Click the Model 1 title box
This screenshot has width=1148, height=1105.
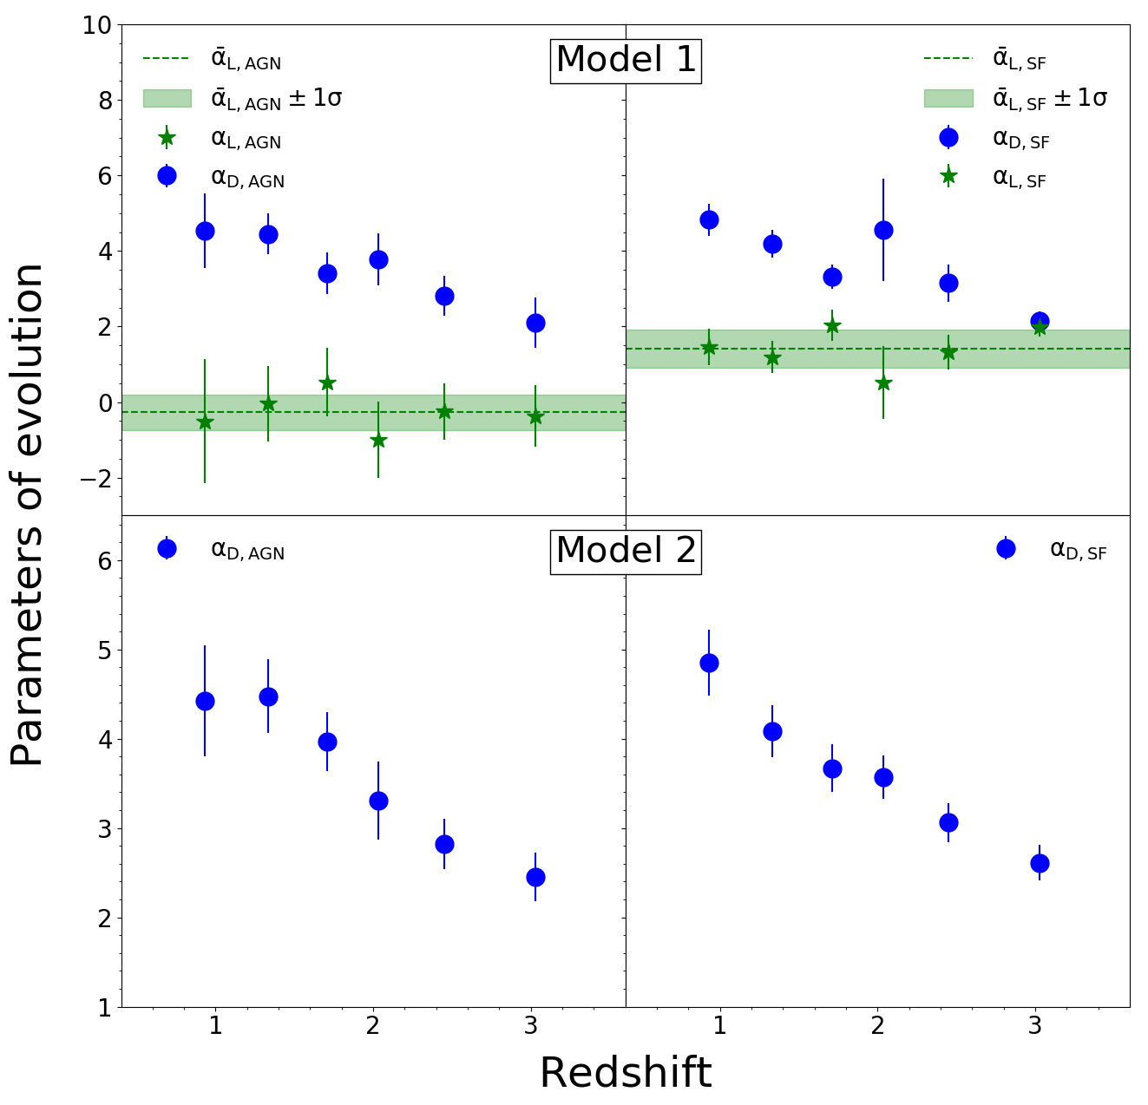point(626,62)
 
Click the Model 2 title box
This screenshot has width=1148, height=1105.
point(626,552)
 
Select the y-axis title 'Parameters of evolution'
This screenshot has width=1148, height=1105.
point(27,514)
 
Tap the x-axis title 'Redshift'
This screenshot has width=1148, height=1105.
point(626,1072)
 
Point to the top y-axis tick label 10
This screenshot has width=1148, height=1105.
point(96,25)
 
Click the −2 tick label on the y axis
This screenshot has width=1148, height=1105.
point(95,479)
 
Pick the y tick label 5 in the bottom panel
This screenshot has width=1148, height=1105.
point(105,651)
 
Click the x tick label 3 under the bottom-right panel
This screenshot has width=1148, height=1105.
point(1035,1026)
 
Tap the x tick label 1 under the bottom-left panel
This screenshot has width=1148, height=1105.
point(216,1026)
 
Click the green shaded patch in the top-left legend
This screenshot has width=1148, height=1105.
point(167,99)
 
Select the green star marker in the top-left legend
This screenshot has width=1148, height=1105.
point(167,139)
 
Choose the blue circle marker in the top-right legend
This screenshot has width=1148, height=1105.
point(948,137)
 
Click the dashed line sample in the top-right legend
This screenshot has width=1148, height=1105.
point(948,58)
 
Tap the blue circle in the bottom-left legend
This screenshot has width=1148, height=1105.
point(167,549)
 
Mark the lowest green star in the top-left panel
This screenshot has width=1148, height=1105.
point(378,441)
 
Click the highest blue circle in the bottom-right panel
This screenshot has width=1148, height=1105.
point(709,663)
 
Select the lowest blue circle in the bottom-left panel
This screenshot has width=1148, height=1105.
point(535,878)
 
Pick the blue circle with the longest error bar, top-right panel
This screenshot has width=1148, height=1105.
point(883,230)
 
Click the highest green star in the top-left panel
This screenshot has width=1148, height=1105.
point(327,383)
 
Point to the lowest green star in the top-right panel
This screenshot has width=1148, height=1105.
point(883,383)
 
